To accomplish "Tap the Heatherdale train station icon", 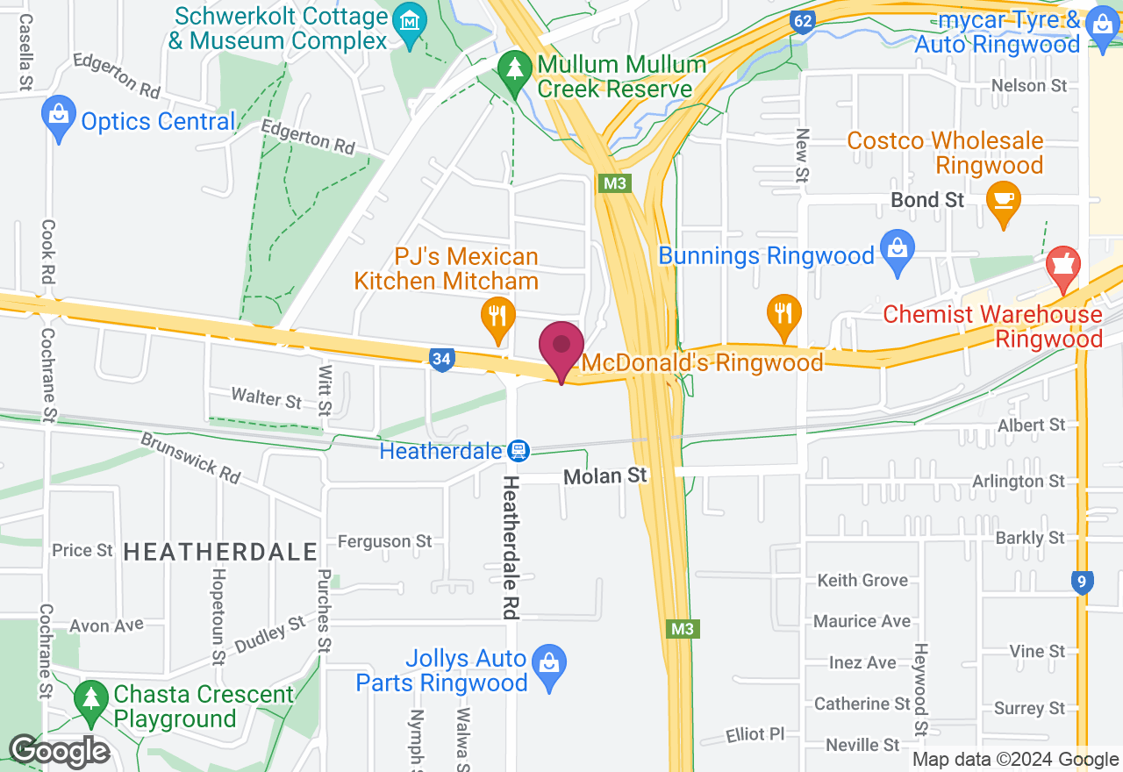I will [519, 451].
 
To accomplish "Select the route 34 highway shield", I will [442, 359].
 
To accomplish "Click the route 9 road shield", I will [1082, 582].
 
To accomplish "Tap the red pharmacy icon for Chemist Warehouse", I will [1063, 266].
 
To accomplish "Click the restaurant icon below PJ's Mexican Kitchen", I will [497, 316].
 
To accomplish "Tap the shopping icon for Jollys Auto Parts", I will [549, 665].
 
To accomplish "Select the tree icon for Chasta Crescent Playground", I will [90, 699].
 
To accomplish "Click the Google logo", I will [59, 752].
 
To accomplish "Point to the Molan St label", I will [605, 475].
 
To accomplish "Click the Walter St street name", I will [266, 398].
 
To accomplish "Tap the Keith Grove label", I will [862, 580].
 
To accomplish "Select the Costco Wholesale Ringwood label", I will [945, 153].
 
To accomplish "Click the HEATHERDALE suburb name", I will [220, 552].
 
